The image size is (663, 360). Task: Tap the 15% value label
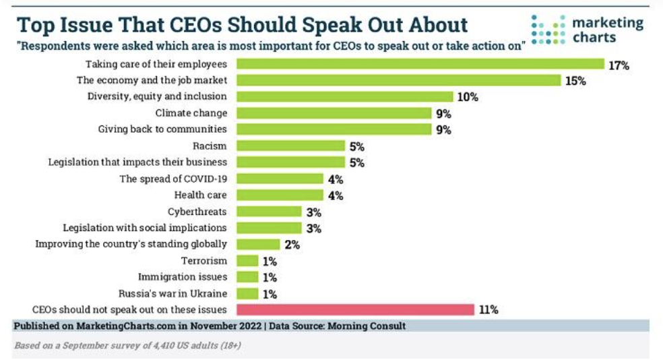[x=575, y=81]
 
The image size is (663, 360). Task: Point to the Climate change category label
[x=191, y=113]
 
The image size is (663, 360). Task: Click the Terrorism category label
[x=204, y=260]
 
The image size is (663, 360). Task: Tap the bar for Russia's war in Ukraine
[x=247, y=293]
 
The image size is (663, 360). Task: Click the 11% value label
[x=488, y=310]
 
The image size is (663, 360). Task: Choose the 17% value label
[x=619, y=65]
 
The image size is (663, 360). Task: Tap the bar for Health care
[x=280, y=196]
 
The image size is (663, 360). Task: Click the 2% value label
[x=291, y=245]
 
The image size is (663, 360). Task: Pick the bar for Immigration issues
[x=247, y=277]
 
